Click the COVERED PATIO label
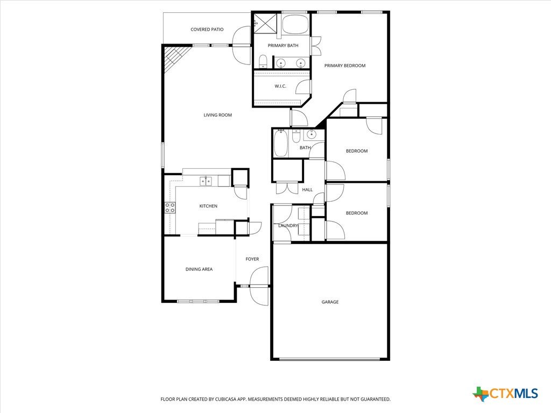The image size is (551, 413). [207, 30]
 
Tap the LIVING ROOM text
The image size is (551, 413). [217, 115]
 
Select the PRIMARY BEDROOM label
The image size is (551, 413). [345, 66]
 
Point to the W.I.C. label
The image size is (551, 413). [280, 86]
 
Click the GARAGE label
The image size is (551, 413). [330, 302]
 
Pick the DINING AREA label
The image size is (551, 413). [199, 269]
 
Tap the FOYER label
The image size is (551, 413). [252, 259]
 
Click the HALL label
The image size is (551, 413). [307, 190]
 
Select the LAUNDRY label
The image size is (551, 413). [288, 225]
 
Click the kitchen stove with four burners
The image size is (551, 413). [170, 208]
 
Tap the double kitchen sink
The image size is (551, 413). [206, 181]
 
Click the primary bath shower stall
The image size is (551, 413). [265, 24]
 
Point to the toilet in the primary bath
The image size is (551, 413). [263, 62]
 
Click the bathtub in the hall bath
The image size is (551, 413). [281, 143]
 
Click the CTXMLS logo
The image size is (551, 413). [505, 394]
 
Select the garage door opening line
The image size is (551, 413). [330, 359]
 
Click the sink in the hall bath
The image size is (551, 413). [311, 134]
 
